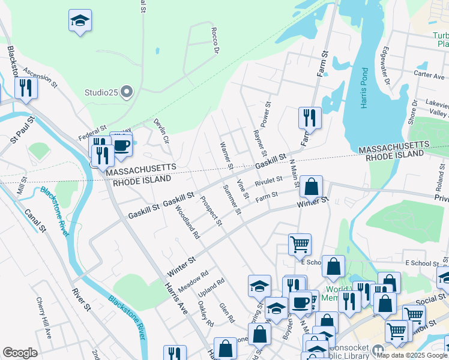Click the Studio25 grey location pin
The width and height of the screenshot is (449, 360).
point(126,92)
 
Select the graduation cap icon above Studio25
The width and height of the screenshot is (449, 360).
point(80,22)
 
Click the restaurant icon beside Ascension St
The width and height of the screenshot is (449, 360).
point(25,88)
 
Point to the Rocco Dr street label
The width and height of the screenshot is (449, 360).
point(215,40)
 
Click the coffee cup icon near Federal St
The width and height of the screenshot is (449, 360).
point(121,145)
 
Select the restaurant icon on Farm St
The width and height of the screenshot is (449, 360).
point(309,117)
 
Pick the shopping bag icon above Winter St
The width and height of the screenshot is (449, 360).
point(312,187)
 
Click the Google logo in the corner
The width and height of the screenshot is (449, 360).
point(20,352)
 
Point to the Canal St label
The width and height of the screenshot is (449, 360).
point(34,220)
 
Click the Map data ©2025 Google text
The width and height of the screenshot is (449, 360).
point(411,355)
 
